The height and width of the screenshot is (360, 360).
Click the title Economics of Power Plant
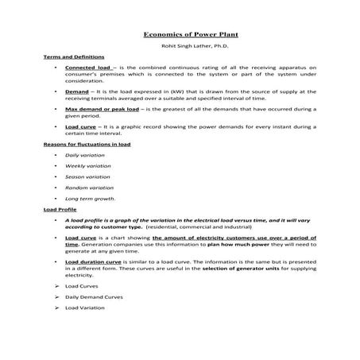pos(180,35)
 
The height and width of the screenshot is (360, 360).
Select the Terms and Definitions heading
pos(67,58)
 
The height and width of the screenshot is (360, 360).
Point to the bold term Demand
pos(77,91)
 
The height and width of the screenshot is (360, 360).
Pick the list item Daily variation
pos(82,154)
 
